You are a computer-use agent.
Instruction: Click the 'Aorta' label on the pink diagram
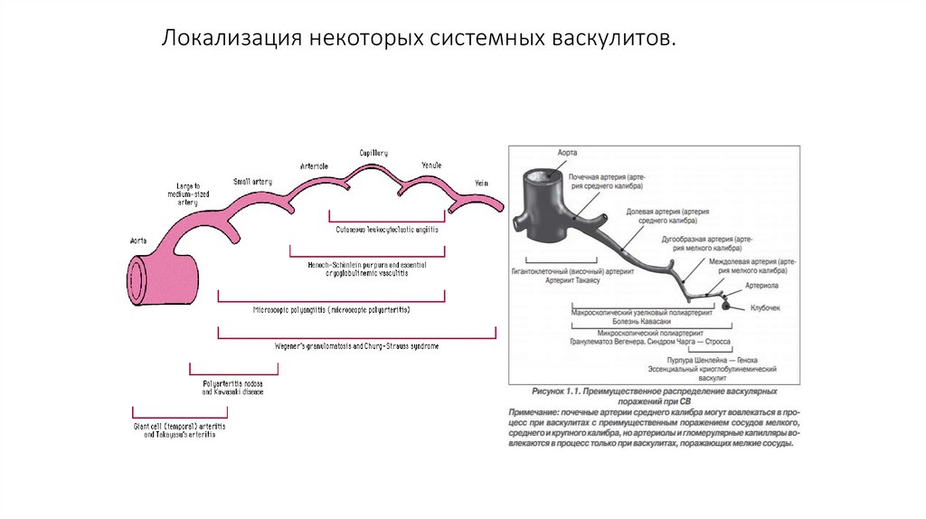[138, 241]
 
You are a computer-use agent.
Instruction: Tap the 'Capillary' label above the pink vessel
[373, 154]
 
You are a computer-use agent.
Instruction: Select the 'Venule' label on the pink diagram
[431, 165]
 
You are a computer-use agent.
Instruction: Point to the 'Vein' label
[481, 182]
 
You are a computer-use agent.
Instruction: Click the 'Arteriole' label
[314, 166]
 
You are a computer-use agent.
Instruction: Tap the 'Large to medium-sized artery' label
[188, 193]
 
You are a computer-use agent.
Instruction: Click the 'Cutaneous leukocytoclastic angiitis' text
[387, 230]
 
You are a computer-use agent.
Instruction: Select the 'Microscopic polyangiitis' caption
[332, 309]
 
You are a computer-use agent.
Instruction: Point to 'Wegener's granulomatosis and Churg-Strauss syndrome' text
[356, 346]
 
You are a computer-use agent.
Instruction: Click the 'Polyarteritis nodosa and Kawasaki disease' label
[233, 389]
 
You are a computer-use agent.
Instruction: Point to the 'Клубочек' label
[765, 308]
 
